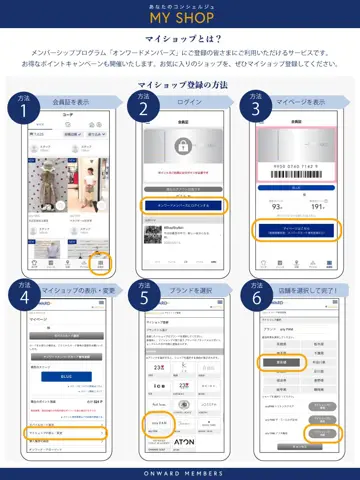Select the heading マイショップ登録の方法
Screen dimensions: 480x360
(180, 86)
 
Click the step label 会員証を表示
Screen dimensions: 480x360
(69, 101)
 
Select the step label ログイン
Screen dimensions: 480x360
(184, 101)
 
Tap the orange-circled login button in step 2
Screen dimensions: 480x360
(183, 205)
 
